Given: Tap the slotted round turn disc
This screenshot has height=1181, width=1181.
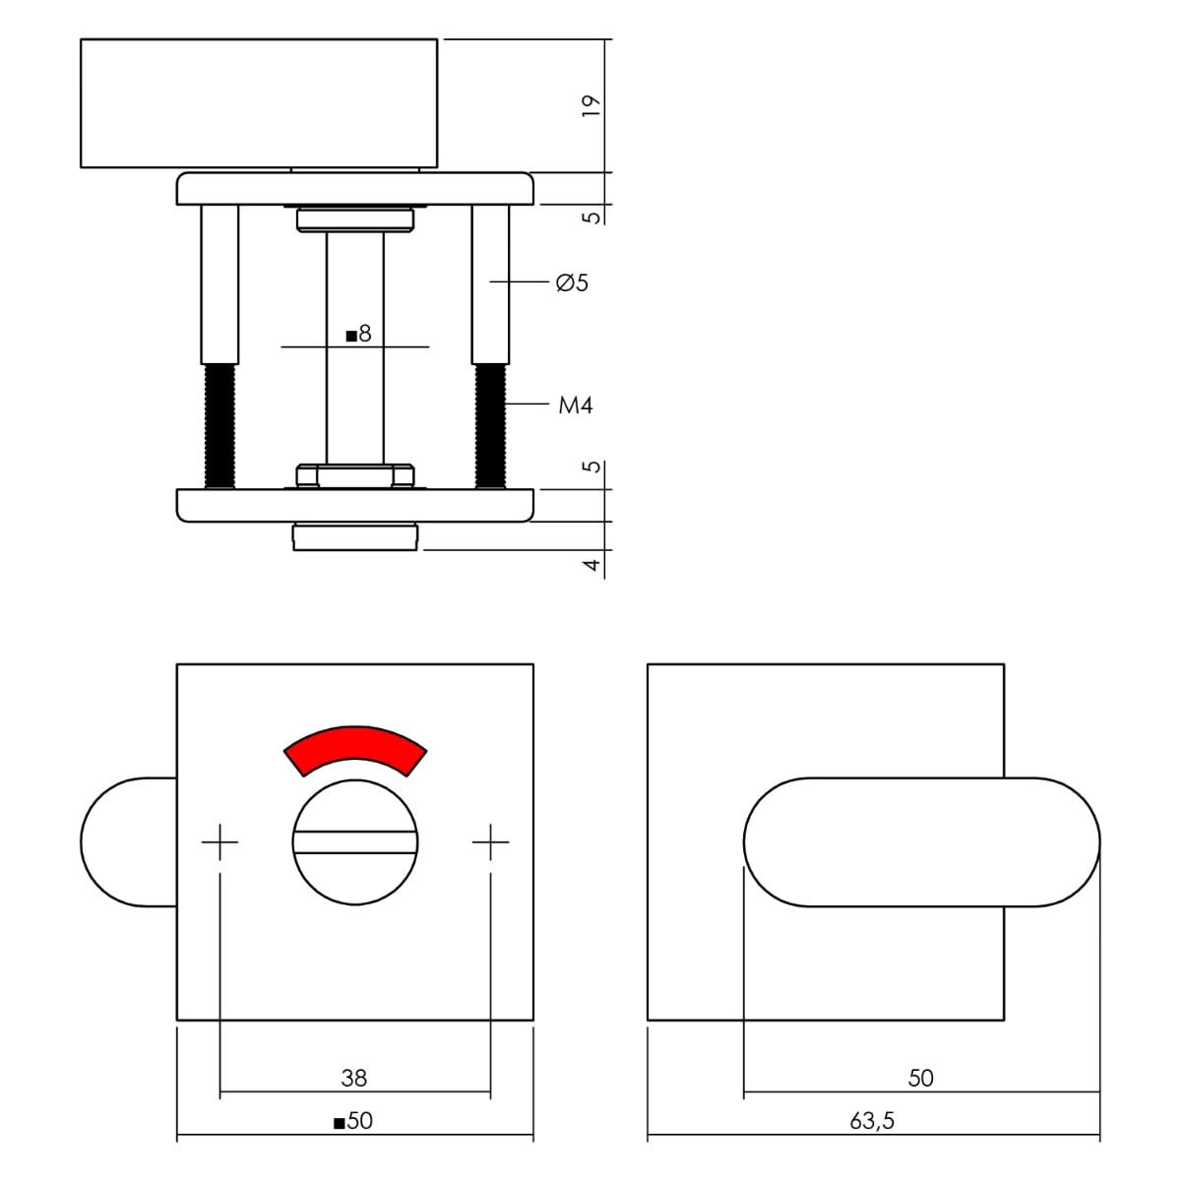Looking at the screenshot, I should tap(354, 841).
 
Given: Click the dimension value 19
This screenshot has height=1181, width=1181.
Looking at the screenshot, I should tap(590, 106).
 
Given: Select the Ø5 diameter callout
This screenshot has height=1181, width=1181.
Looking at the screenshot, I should tap(572, 283).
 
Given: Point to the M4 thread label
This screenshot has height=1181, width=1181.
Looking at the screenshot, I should tap(576, 405).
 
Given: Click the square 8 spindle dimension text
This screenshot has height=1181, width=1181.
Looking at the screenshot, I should tap(359, 335).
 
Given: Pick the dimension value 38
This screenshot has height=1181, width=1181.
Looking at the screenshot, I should tap(354, 1078).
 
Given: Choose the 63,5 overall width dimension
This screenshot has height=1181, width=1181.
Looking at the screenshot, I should tap(872, 1121).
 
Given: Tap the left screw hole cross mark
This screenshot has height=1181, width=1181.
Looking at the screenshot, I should tap(220, 841).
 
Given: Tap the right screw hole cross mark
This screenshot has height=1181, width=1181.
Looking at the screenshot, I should tap(490, 841).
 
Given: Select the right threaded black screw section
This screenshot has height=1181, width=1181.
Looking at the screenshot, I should tap(489, 425).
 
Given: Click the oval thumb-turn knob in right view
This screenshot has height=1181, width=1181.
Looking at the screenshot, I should tap(921, 841).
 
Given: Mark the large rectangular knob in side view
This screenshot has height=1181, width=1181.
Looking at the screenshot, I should tap(258, 103).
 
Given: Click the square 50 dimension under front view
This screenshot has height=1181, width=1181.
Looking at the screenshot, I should tap(354, 1121).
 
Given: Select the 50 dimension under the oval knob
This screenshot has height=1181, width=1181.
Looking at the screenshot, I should tap(920, 1078).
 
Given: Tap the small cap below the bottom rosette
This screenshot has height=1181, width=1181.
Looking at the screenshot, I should tap(355, 537).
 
